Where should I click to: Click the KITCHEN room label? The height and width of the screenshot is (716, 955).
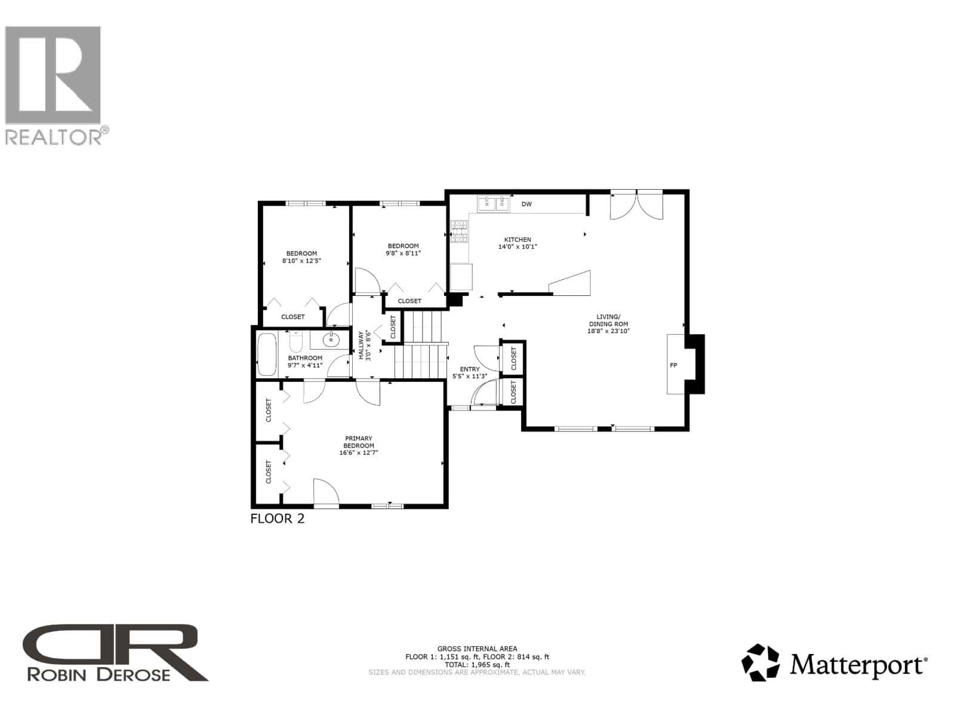pyautogui.click(x=517, y=239)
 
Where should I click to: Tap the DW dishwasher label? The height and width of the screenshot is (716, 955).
pyautogui.click(x=526, y=204)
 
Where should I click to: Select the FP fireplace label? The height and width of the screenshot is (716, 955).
pyautogui.click(x=673, y=365)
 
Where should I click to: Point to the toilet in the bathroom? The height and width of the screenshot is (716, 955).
pyautogui.click(x=296, y=342)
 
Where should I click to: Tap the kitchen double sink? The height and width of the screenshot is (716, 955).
pyautogui.click(x=494, y=204)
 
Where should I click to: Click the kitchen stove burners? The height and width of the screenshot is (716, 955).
pyautogui.click(x=459, y=232)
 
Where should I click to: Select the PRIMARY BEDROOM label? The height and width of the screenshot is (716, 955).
pyautogui.click(x=359, y=442)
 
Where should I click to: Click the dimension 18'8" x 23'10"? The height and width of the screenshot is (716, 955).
pyautogui.click(x=609, y=331)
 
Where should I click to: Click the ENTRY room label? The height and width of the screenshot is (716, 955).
pyautogui.click(x=470, y=369)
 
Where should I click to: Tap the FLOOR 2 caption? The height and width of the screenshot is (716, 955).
pyautogui.click(x=278, y=519)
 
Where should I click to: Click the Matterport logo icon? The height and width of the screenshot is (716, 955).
pyautogui.click(x=760, y=662)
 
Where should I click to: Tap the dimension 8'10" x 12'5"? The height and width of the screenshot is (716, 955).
pyautogui.click(x=301, y=261)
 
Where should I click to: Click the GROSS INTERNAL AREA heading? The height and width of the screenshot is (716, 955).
pyautogui.click(x=478, y=649)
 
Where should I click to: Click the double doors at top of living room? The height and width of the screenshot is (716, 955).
pyautogui.click(x=636, y=204)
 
